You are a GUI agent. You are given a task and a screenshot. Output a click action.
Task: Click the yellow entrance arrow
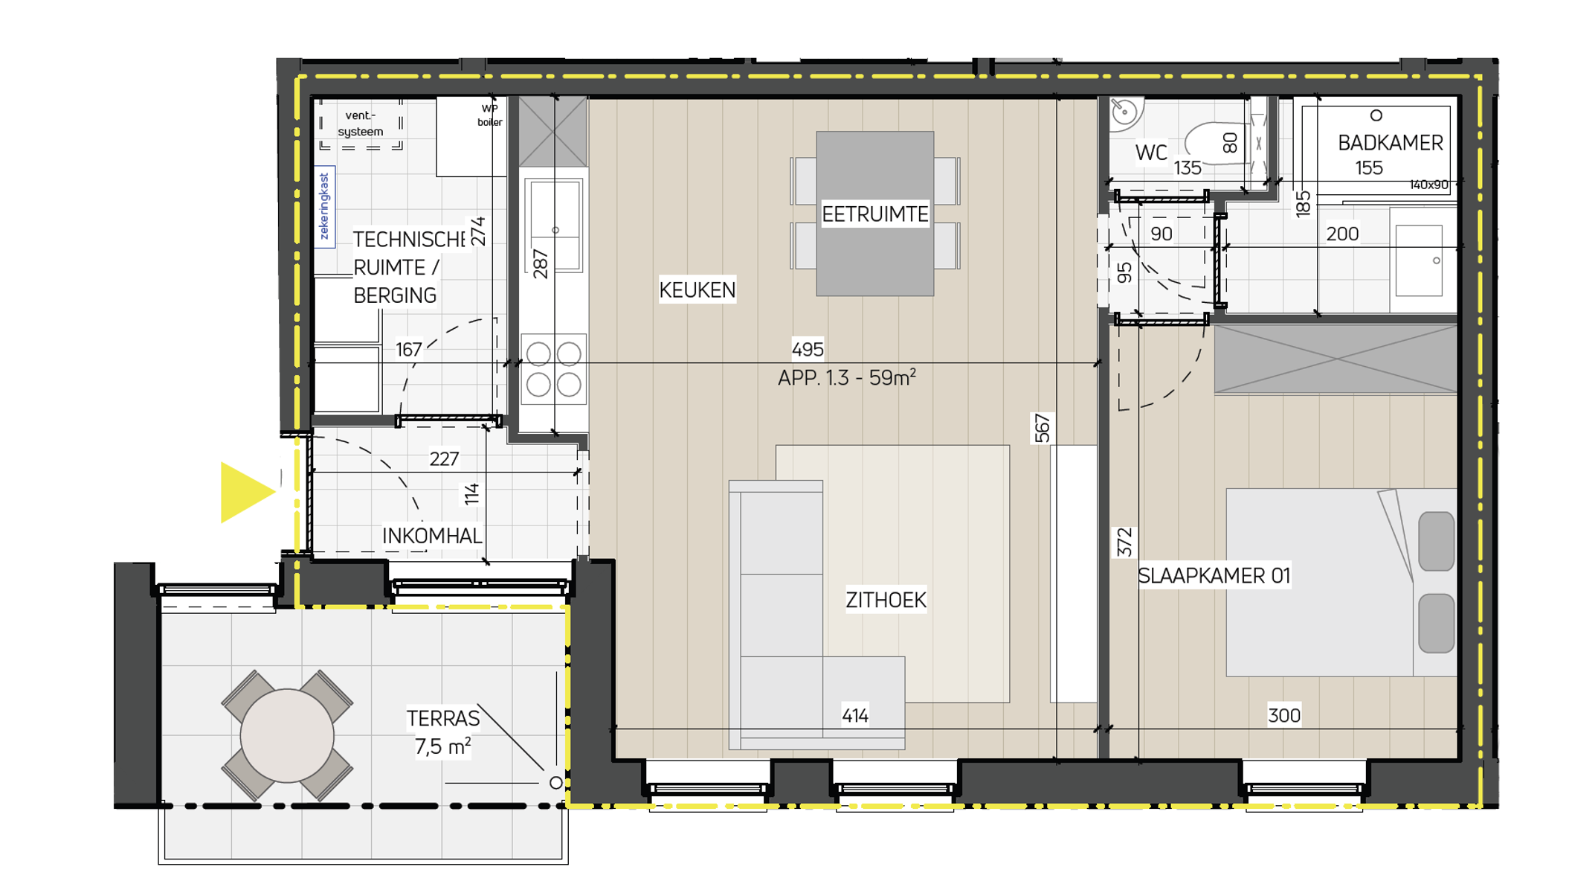pyautogui.click(x=245, y=492)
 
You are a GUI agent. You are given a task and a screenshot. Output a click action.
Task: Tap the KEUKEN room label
pyautogui.click(x=697, y=290)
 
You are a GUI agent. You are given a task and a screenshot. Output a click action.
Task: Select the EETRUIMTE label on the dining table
pyautogui.click(x=874, y=214)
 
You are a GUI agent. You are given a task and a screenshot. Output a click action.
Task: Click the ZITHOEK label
pyautogui.click(x=885, y=600)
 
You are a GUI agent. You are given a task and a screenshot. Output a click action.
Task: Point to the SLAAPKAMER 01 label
pyautogui.click(x=1214, y=576)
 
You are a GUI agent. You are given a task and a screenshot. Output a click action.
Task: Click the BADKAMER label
pyautogui.click(x=1390, y=143)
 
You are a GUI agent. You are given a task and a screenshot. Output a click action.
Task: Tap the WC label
pyautogui.click(x=1150, y=153)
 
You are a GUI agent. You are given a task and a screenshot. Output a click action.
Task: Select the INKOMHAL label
pyautogui.click(x=432, y=536)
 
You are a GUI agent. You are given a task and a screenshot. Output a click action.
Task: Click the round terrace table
pyautogui.click(x=287, y=735)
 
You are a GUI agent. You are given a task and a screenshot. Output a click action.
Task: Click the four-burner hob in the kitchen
pyautogui.click(x=553, y=369)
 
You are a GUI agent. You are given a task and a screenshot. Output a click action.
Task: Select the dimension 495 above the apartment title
pyautogui.click(x=807, y=349)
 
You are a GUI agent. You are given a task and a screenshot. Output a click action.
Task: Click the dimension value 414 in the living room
pyautogui.click(x=854, y=716)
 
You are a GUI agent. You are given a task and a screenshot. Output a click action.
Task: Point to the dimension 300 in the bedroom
pyautogui.click(x=1283, y=716)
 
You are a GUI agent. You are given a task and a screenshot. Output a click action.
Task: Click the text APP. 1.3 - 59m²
pyautogui.click(x=846, y=378)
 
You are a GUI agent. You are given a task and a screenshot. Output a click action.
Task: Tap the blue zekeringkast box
pyautogui.click(x=324, y=207)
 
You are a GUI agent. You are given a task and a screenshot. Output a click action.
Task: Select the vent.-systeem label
pyautogui.click(x=361, y=124)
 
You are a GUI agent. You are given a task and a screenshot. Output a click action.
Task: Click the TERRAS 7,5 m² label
pyautogui.click(x=442, y=732)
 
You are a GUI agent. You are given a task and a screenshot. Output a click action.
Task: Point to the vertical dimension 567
pyautogui.click(x=1042, y=428)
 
